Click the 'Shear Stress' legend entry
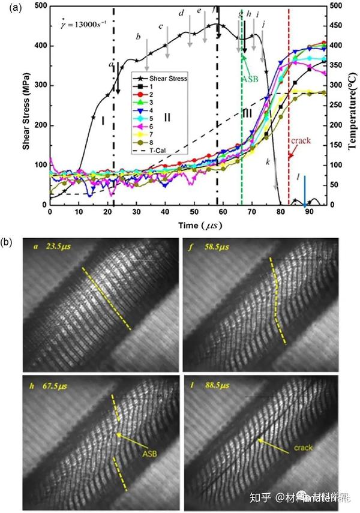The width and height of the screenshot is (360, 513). pyautogui.click(x=172, y=78)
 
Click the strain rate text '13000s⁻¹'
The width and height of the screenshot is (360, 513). pyautogui.click(x=88, y=23)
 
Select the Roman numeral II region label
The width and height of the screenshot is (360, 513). pyautogui.click(x=167, y=117)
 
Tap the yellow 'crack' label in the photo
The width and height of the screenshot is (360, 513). pyautogui.click(x=304, y=447)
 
